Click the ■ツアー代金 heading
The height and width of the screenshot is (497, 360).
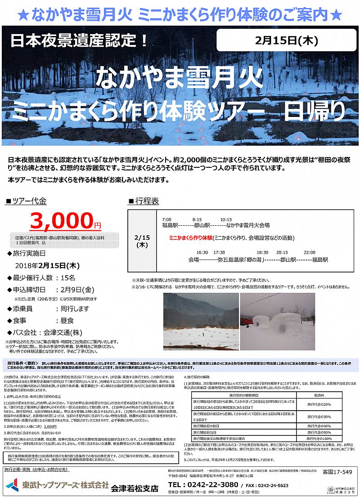[x=26, y=201]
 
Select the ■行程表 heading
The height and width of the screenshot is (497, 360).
[x=144, y=201]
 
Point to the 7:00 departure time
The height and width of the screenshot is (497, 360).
[x=166, y=219]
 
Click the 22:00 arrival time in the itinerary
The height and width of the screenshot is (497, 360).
[x=309, y=252]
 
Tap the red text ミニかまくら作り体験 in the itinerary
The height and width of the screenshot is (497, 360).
[x=190, y=237]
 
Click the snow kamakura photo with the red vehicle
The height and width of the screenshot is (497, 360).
[x=277, y=322]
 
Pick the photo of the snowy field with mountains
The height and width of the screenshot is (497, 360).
[x=201, y=322]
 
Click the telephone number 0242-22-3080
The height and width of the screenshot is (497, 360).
[x=203, y=484]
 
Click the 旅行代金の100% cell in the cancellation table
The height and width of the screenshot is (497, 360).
[x=319, y=438]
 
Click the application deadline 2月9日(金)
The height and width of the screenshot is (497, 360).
[x=75, y=290]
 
